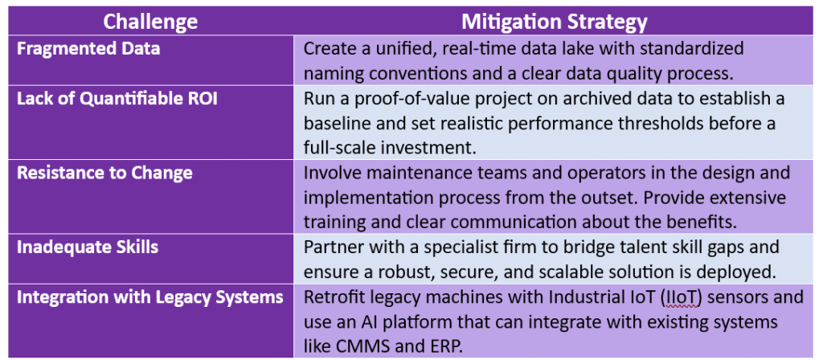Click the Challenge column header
coord(150,22)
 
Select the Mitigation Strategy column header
coord(555,22)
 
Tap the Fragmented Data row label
coord(88,49)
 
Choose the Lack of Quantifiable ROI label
coord(117,100)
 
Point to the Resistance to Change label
coord(104,174)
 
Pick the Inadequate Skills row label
coord(88,247)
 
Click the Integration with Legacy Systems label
coord(150,297)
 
